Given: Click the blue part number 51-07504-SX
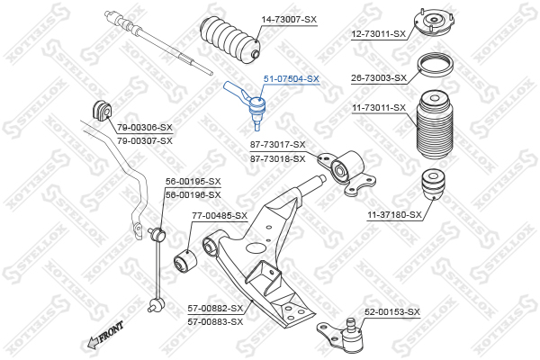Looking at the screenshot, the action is [x=292, y=79].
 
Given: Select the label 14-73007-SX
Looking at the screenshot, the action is [x=289, y=20].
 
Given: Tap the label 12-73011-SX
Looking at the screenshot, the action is [x=379, y=34].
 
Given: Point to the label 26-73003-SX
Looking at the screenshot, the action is [x=379, y=78].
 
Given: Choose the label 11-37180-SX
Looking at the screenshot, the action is [x=394, y=215].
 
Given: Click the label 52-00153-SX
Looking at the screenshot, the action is [x=392, y=312].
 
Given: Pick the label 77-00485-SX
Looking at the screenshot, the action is [x=220, y=216].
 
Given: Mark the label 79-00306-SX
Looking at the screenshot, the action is [x=145, y=128].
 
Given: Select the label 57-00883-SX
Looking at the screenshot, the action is [x=215, y=322].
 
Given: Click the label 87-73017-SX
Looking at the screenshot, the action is [x=277, y=145].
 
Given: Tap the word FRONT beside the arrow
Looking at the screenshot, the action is [x=111, y=331].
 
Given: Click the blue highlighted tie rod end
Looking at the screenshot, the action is [x=247, y=103].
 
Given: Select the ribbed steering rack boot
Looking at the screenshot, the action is [x=230, y=40].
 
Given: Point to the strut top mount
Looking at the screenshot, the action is [x=434, y=23].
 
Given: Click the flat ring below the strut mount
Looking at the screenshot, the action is [x=435, y=66].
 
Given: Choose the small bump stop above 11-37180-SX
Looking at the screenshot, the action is [x=433, y=184].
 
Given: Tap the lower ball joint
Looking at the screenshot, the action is [x=345, y=335].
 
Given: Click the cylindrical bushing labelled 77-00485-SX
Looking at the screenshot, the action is [x=184, y=261].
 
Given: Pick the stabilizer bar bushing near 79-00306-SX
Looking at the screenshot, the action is [x=102, y=110].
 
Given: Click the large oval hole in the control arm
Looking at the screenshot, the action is [x=256, y=247].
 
